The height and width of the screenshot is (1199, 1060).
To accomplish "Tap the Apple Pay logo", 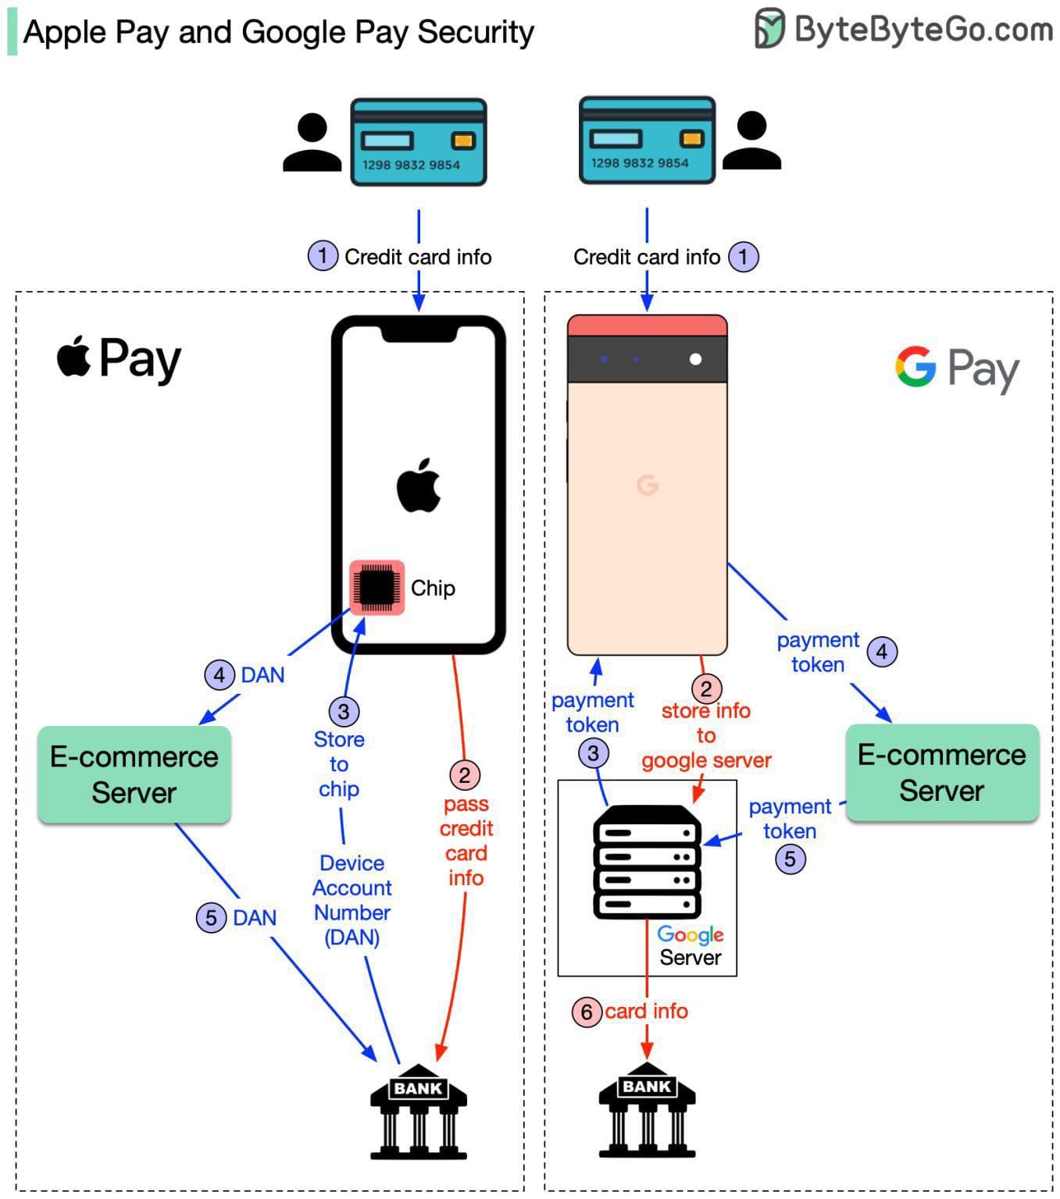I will click(119, 358).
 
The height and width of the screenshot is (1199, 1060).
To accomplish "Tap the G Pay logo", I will click(957, 368).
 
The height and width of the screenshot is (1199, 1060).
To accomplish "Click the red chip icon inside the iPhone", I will click(377, 587).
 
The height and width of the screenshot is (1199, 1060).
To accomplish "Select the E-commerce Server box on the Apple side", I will click(134, 774).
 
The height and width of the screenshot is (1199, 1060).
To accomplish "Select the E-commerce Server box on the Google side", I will click(941, 772).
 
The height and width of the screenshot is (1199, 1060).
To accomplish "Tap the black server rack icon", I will click(647, 862).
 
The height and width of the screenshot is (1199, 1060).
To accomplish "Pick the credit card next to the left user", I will click(418, 142).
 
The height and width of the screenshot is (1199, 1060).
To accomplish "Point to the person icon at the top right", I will click(751, 141).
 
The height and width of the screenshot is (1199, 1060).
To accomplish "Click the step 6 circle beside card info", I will click(587, 1012).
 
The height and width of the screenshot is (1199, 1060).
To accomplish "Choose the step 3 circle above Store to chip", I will click(344, 711).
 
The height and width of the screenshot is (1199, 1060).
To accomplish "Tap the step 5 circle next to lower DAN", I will click(211, 917).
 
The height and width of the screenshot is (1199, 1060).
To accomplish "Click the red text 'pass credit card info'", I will click(466, 841).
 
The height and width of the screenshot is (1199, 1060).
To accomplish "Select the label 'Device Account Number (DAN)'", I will click(352, 900).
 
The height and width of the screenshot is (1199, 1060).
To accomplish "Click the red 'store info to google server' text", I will click(706, 735).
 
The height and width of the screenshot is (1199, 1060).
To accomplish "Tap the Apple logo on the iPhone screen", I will click(419, 486).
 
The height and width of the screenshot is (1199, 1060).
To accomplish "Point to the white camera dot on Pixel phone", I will click(695, 359).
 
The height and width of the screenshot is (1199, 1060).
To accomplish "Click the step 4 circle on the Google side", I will click(882, 651).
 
